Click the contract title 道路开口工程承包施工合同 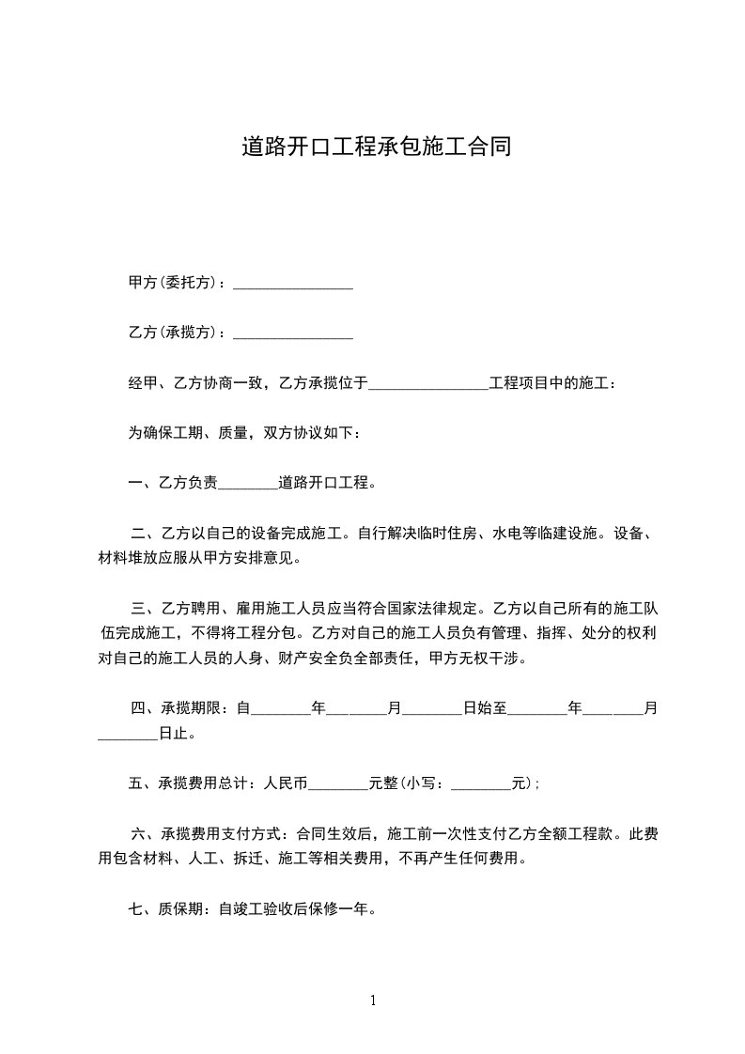tap(376, 147)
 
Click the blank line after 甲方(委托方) tap(292, 283)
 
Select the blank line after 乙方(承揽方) tap(292, 333)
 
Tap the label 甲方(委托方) tap(176, 283)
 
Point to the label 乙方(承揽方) tap(176, 333)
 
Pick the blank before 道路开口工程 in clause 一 tap(248, 484)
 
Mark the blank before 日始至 tap(432, 709)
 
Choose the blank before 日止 tap(128, 734)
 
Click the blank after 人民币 tap(338, 783)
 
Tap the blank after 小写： tap(481, 783)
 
